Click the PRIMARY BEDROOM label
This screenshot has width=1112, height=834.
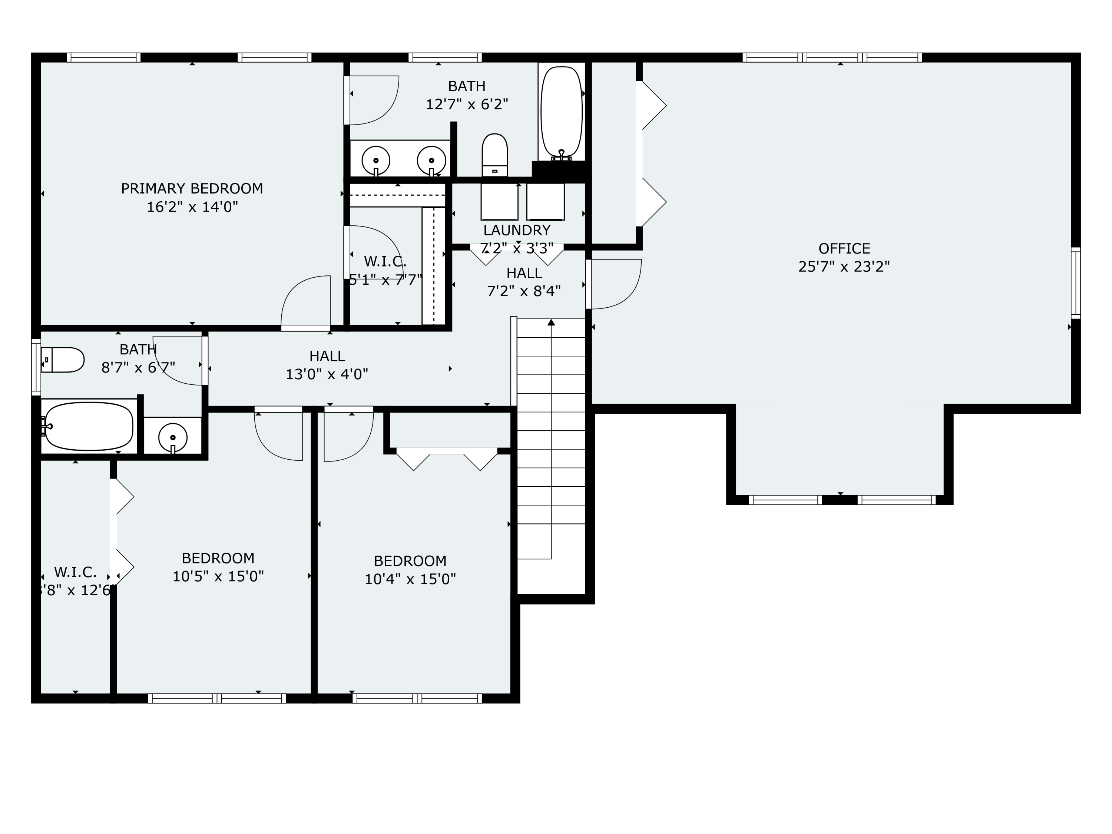pos(192,189)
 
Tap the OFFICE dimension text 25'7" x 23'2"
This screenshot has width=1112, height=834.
pos(844,267)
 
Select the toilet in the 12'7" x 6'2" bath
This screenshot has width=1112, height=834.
pos(495,155)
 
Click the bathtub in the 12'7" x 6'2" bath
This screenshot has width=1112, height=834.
pos(561,112)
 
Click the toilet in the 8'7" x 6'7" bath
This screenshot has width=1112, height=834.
pos(63,360)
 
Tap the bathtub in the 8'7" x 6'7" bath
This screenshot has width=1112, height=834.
pos(89,426)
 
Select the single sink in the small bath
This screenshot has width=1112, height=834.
pos(173,437)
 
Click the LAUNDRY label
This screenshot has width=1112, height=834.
pos(517,230)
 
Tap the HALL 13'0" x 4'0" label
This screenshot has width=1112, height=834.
pos(327,356)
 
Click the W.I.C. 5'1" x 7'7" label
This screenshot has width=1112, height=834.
pos(385,261)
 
